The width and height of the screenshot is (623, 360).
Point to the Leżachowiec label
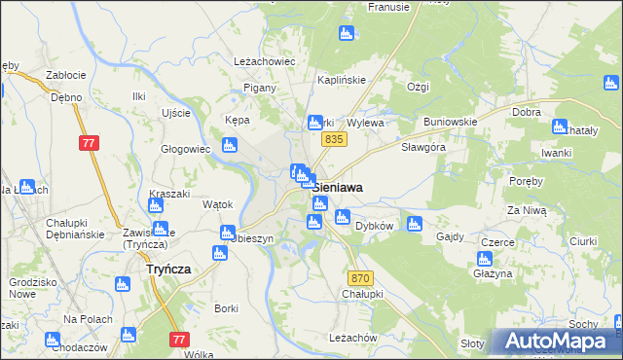point(264,60)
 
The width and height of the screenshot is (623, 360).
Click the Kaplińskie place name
point(342,80)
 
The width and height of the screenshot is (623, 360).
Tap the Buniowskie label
point(450,122)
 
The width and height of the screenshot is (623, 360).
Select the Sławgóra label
point(423,148)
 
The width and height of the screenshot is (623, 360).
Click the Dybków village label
point(374,225)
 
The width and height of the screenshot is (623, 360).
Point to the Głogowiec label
point(186,149)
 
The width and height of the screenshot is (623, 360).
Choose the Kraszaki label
point(170,194)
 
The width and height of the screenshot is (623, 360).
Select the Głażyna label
point(494,274)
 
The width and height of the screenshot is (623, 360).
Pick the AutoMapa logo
point(556,341)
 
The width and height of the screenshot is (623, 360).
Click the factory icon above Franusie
point(346,34)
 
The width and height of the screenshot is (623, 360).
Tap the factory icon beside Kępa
point(229,146)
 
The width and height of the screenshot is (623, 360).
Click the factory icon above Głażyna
point(484,259)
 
